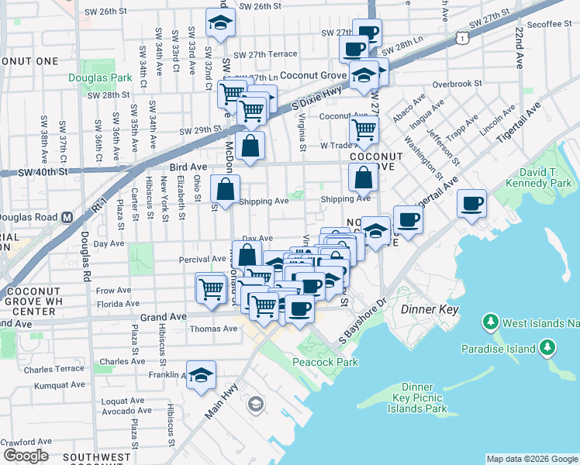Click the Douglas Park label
click(x=100, y=78)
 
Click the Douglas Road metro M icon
click(x=67, y=217)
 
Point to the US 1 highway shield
click(x=462, y=36)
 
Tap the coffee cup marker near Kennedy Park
click(x=471, y=205)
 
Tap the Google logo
click(x=26, y=456)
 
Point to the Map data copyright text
click(x=531, y=459)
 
